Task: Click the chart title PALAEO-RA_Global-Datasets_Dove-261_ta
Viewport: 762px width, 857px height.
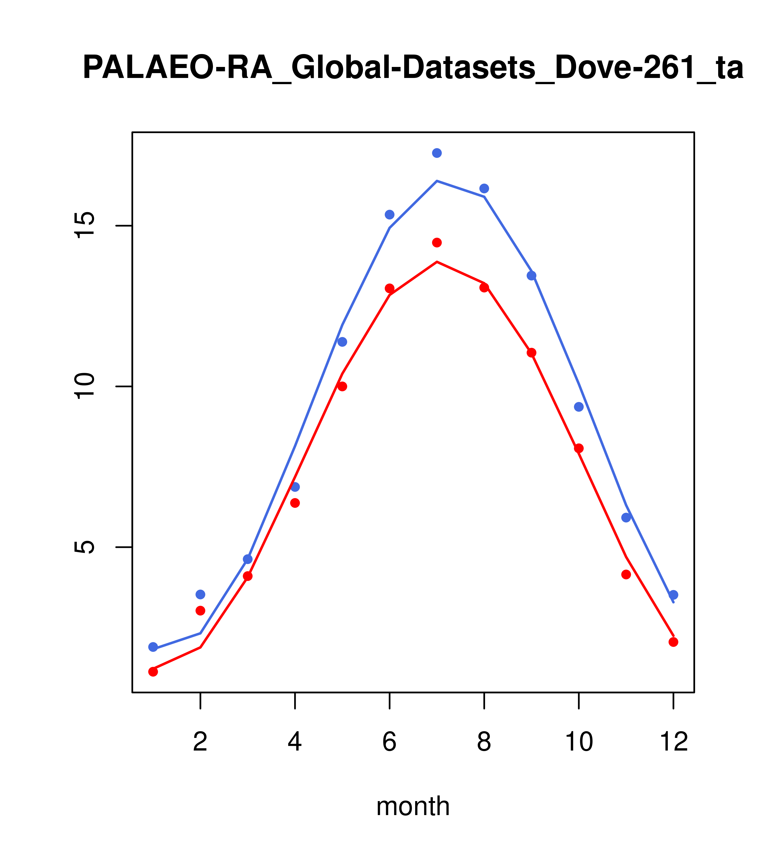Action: click(413, 68)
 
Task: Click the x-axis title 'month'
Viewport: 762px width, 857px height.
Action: click(413, 806)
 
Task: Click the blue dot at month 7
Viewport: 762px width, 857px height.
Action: click(437, 153)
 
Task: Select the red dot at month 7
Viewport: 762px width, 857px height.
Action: click(437, 242)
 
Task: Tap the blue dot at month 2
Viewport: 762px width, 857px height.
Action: click(201, 594)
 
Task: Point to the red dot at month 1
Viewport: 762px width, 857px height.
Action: click(153, 671)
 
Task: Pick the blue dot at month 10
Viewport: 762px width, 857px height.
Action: click(579, 407)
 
